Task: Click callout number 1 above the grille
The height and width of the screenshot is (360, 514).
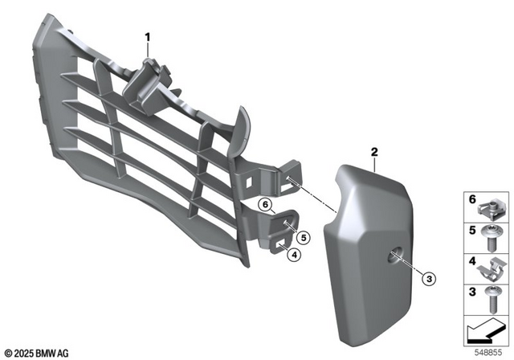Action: tap(148, 37)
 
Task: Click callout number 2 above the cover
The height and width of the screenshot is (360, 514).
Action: tap(374, 151)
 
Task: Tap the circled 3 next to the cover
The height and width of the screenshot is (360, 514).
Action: tap(428, 279)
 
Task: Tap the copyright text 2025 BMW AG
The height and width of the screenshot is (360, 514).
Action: tap(38, 352)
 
